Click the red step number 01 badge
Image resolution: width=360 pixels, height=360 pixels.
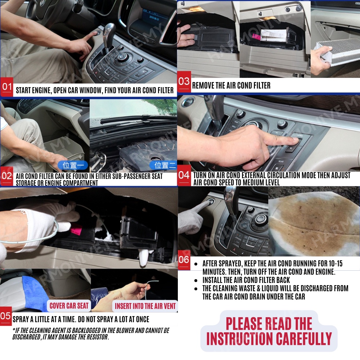(6, 87)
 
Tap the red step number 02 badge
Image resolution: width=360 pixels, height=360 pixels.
(6, 176)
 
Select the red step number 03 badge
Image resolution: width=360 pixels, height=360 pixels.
(184, 81)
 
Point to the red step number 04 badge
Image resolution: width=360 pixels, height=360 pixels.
(184, 175)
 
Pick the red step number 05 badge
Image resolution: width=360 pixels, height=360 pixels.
(6, 316)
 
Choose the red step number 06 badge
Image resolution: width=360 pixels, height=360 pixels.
(184, 260)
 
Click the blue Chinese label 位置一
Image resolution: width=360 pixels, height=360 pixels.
(73, 165)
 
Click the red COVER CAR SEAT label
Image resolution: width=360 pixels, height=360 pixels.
(69, 306)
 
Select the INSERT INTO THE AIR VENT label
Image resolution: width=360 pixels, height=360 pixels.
(145, 306)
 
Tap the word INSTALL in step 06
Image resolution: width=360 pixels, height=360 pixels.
(213, 280)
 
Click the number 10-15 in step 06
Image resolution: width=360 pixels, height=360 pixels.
(336, 264)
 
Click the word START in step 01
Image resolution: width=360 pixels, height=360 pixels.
(23, 90)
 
